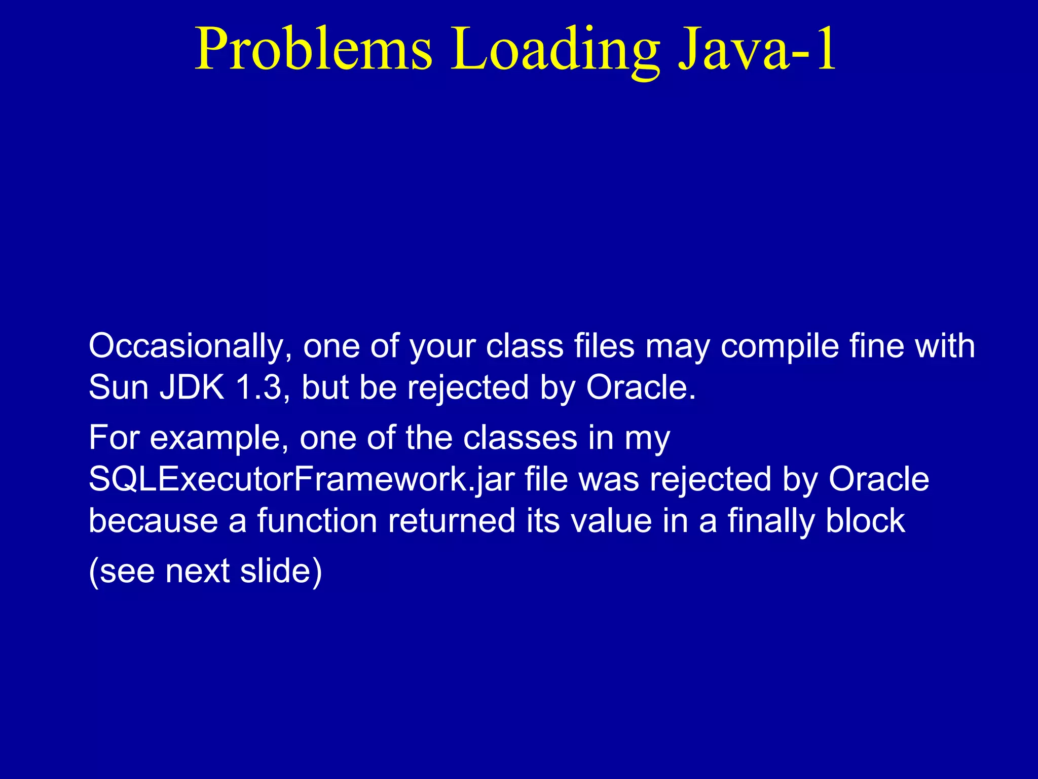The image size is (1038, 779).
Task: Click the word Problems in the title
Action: pyautogui.click(x=314, y=49)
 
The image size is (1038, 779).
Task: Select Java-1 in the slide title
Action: pyautogui.click(x=757, y=49)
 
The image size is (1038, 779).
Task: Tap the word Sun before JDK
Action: pyautogui.click(x=119, y=388)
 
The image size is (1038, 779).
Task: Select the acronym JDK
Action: pyautogui.click(x=192, y=388)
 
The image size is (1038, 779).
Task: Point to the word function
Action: pyautogui.click(x=317, y=521)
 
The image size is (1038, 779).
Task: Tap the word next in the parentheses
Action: pyautogui.click(x=198, y=572)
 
